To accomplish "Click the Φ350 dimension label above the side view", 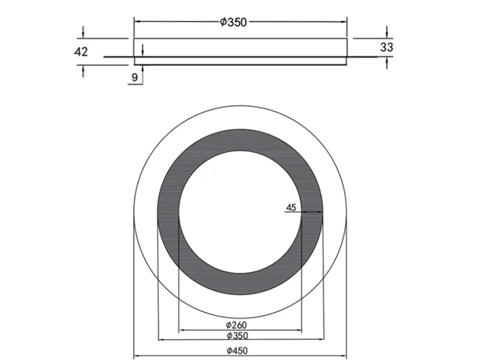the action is pyautogui.click(x=233, y=22).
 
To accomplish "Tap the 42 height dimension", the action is pyautogui.click(x=81, y=52).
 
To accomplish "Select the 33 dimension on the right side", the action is pyautogui.click(x=386, y=47).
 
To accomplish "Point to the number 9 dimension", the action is pyautogui.click(x=135, y=78).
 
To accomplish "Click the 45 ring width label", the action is pyautogui.click(x=291, y=208).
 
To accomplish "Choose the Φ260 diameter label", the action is pyautogui.click(x=236, y=325).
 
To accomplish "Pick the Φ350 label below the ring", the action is pyautogui.click(x=238, y=335).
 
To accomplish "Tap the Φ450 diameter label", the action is pyautogui.click(x=237, y=350).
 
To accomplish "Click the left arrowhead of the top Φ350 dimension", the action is pyautogui.click(x=137, y=22).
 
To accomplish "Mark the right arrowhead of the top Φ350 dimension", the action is pyautogui.click(x=344, y=22).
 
